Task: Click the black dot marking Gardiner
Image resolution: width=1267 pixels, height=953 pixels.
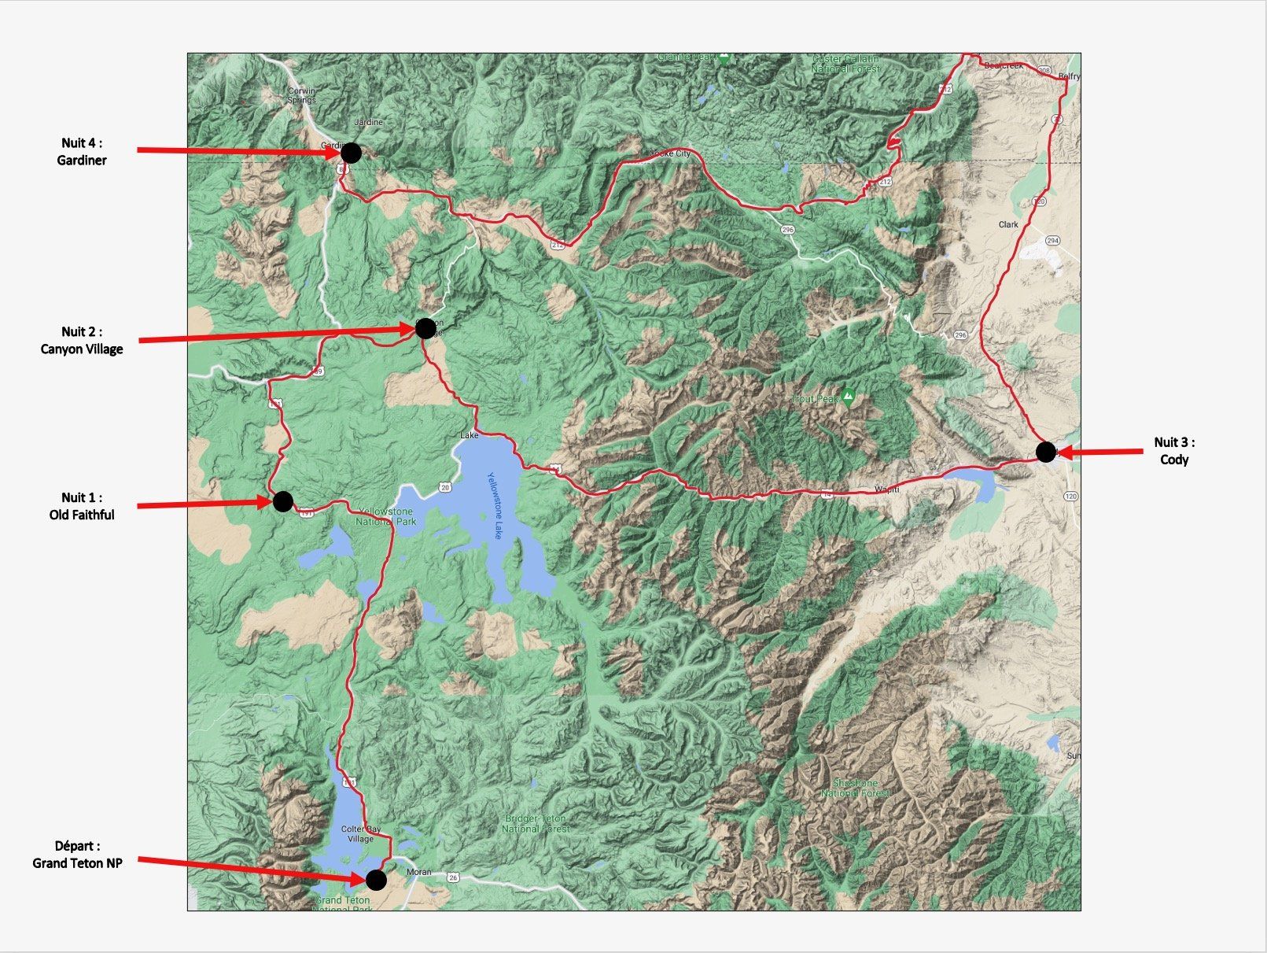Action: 352,153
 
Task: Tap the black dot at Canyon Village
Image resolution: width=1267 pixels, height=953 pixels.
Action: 425,327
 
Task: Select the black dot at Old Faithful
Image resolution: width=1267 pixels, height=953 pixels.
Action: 282,501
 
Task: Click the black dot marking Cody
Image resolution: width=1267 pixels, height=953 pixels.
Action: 1045,452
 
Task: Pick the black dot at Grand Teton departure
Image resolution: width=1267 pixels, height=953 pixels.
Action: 377,879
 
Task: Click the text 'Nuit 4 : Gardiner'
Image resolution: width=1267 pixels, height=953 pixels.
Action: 82,151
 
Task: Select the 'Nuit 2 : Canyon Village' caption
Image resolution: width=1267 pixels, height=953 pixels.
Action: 82,340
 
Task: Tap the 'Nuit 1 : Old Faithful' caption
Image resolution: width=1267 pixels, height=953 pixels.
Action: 82,506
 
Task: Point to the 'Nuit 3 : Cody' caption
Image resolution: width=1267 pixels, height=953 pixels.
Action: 1174,451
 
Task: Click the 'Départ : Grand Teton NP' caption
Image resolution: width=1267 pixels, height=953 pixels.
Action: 77,855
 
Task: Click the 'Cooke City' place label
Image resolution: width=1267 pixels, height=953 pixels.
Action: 670,153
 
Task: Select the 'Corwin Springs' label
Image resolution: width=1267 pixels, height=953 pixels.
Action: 301,95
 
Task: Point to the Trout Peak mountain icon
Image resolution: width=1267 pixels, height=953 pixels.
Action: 848,395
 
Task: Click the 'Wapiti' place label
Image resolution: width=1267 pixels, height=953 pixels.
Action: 886,489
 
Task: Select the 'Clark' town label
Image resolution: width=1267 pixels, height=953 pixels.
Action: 1007,224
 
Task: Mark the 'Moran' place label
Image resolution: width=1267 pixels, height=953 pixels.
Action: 419,872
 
